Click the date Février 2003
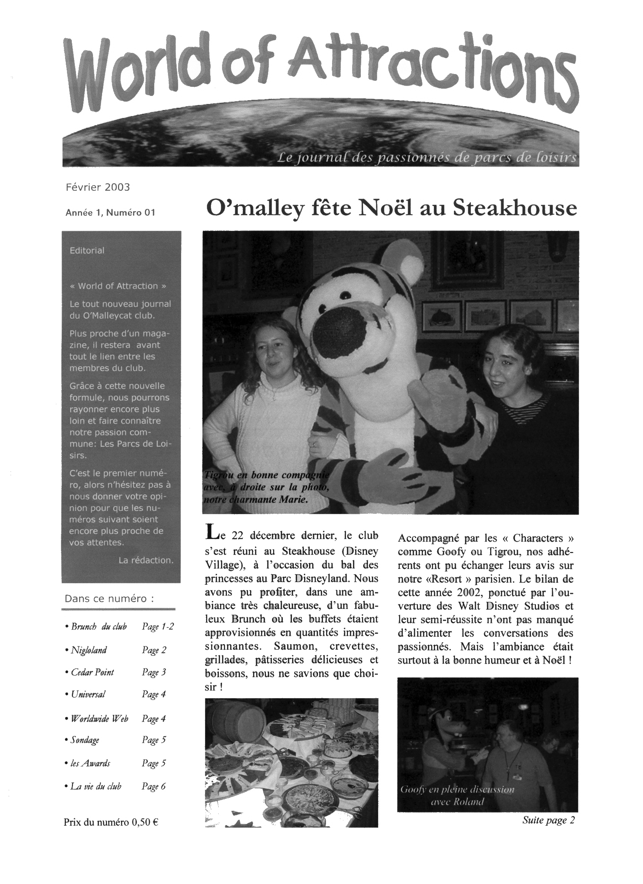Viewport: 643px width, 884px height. coord(98,187)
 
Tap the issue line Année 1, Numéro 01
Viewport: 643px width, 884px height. coord(110,213)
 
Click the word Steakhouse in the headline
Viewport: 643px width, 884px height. coord(515,209)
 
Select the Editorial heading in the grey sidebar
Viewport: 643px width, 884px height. coord(87,250)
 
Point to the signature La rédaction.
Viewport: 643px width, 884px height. coord(146,561)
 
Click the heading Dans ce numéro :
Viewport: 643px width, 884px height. coord(110,599)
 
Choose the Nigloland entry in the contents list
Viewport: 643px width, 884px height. coord(88,650)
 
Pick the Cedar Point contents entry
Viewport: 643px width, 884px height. coord(92,672)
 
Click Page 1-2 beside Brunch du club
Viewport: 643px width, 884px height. coord(158,627)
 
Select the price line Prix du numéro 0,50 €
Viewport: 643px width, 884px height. coord(111,822)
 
